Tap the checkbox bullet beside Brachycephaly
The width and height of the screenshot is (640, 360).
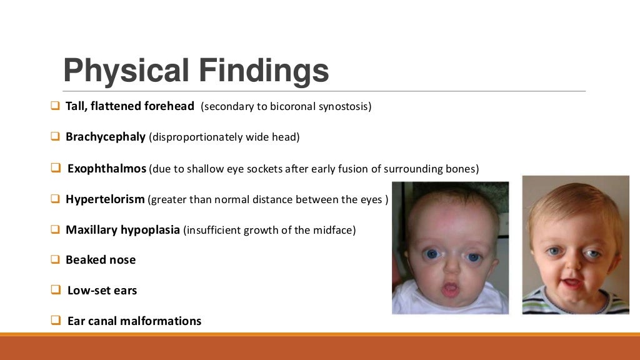pyautogui.click(x=54, y=136)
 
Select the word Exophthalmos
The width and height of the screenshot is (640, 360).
pyautogui.click(x=107, y=169)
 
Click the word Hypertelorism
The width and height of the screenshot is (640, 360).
pyautogui.click(x=105, y=199)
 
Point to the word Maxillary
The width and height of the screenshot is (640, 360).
pyautogui.click(x=91, y=229)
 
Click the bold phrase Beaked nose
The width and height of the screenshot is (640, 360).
pyautogui.click(x=101, y=259)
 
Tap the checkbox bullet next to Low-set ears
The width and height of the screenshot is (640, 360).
pyautogui.click(x=54, y=290)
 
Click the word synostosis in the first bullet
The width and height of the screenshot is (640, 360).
pyautogui.click(x=344, y=106)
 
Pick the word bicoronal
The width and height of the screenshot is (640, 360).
pyautogui.click(x=292, y=106)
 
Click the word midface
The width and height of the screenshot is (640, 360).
pyautogui.click(x=336, y=230)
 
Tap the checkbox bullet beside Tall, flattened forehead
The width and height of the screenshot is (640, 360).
pyautogui.click(x=54, y=106)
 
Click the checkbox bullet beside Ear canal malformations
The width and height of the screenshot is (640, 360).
pyautogui.click(x=54, y=321)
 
